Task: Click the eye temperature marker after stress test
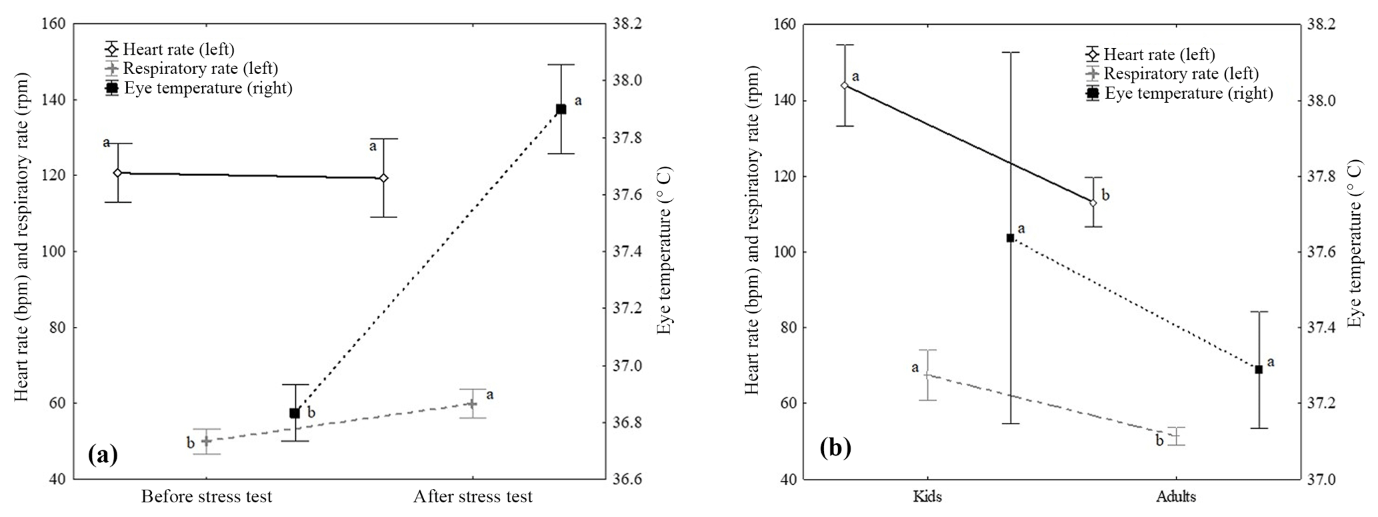561,109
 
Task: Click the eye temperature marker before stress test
295,413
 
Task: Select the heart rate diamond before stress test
117,173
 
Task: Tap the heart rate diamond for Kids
845,85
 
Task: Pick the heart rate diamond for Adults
1093,203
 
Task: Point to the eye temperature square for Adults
1259,370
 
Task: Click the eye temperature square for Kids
1010,238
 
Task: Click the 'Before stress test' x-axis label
206,497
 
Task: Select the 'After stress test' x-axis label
473,497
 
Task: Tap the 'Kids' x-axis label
927,497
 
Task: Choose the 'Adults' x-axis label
1176,497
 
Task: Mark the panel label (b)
835,448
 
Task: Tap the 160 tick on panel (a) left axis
54,25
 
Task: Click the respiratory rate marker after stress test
472,404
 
